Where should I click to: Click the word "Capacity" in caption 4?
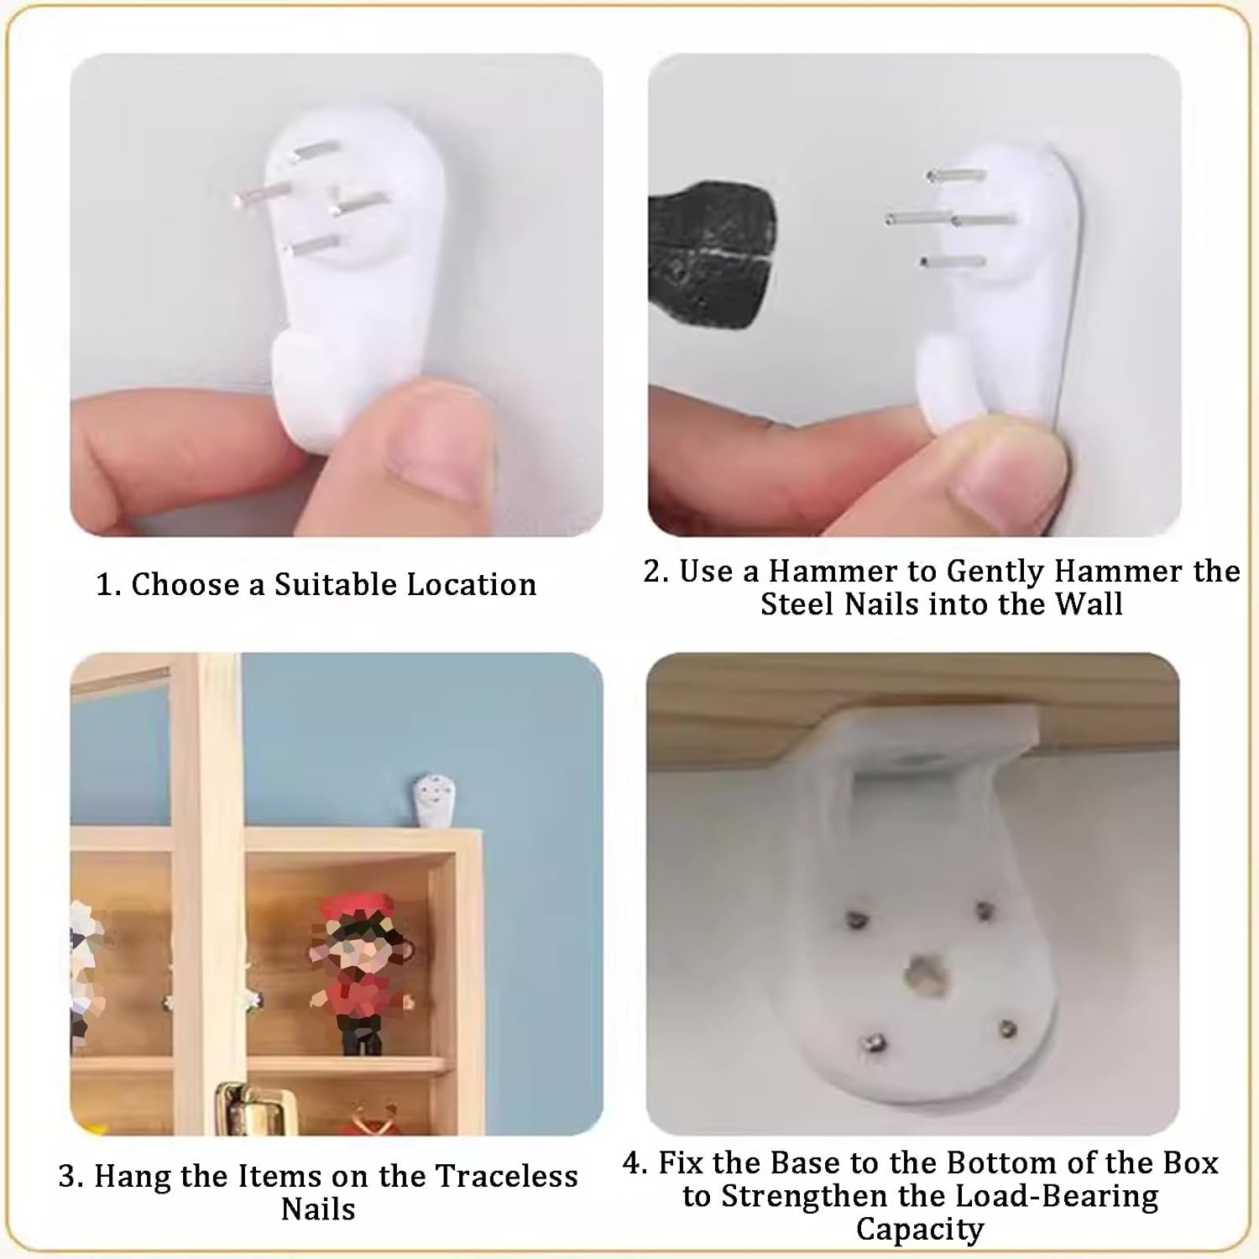pyautogui.click(x=920, y=1230)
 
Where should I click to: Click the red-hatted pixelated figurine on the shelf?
pyautogui.click(x=356, y=974)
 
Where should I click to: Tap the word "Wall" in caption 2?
pyautogui.click(x=1089, y=604)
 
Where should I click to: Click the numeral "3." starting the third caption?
pyautogui.click(x=71, y=1177)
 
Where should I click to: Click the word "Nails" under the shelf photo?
pyautogui.click(x=318, y=1209)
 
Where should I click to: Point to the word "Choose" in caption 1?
pyautogui.click(x=185, y=584)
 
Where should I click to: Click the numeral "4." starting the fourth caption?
pyautogui.click(x=635, y=1163)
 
